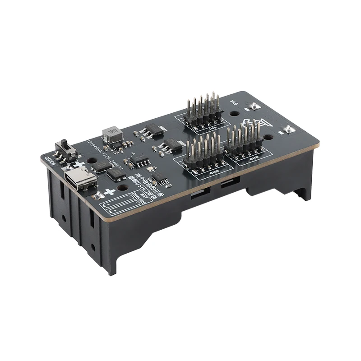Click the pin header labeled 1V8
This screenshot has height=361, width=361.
click(x=203, y=111)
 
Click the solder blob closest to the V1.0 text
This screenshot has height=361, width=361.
click(x=254, y=106)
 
